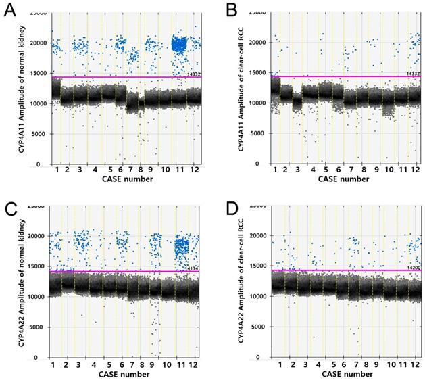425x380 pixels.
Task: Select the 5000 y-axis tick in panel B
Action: point(258,134)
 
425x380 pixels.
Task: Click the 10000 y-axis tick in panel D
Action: point(257,296)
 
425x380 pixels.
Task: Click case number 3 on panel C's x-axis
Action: point(80,365)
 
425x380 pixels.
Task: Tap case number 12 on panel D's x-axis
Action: point(414,365)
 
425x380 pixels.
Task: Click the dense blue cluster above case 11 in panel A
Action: point(179,45)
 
